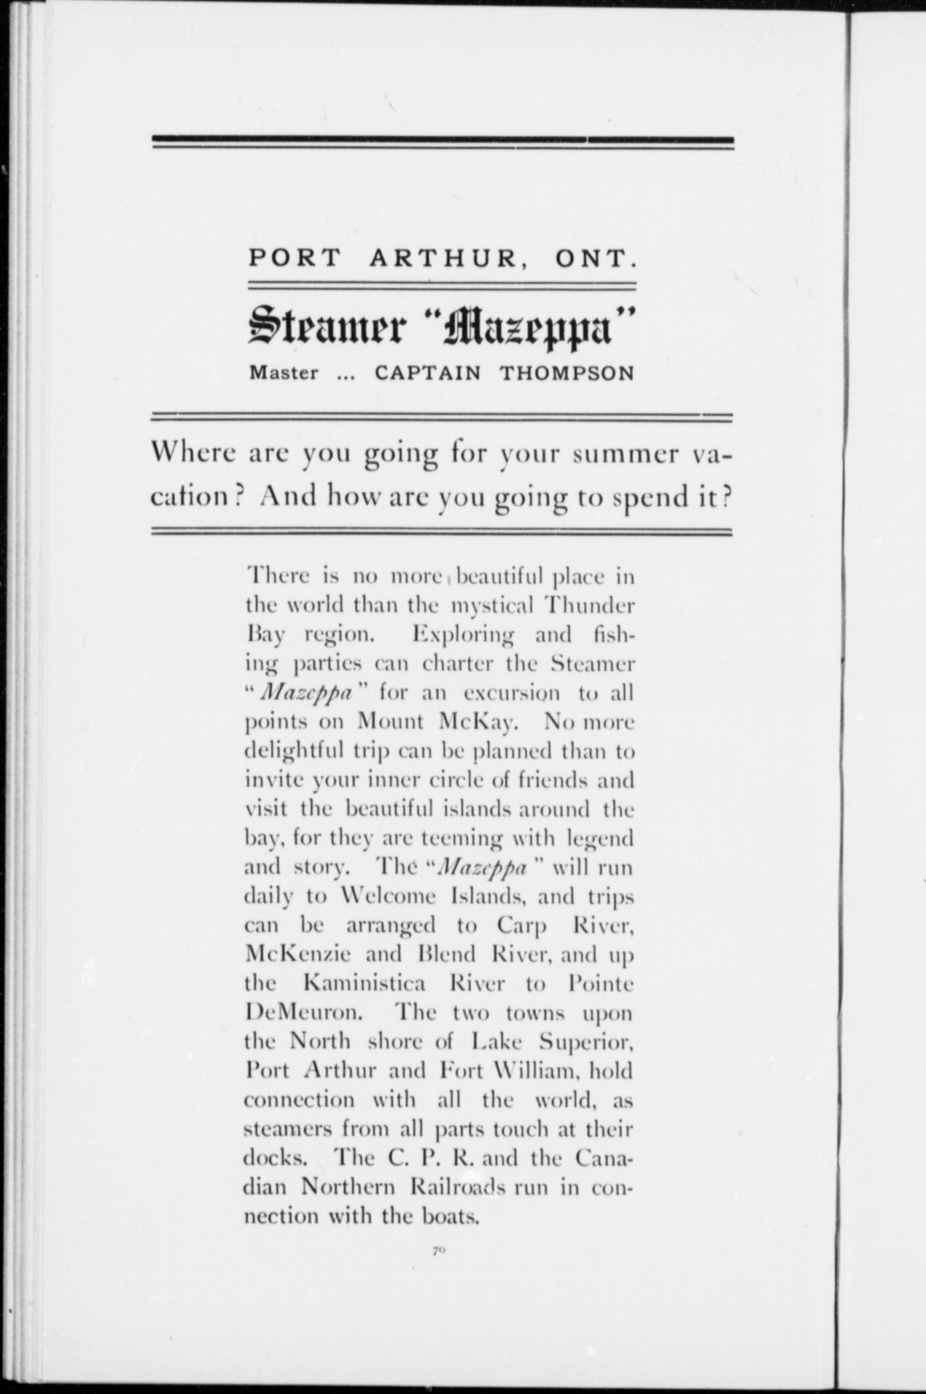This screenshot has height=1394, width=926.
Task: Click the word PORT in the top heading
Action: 293,258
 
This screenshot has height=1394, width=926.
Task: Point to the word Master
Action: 284,374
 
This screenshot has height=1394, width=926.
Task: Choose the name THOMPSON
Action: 567,374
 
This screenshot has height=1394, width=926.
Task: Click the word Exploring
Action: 463,634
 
